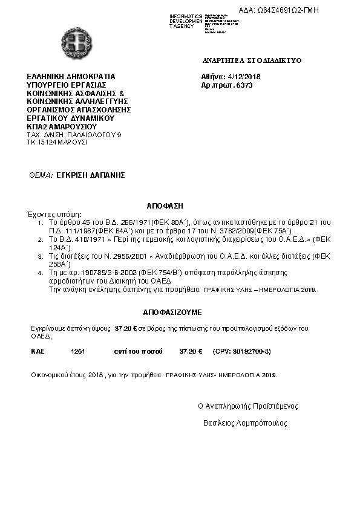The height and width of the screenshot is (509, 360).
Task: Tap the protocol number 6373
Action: [244, 86]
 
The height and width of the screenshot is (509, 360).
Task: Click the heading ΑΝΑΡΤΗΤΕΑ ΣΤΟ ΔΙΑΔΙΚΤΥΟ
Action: [252, 60]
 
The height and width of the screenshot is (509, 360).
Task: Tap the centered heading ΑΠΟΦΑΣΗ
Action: [165, 206]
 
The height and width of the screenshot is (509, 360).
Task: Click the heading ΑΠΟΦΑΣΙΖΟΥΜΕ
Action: [172, 313]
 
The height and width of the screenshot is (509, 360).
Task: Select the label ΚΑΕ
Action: [38, 351]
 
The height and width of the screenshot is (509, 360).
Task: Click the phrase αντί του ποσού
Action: [135, 351]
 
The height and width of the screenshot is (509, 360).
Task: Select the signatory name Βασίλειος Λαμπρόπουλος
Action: [245, 423]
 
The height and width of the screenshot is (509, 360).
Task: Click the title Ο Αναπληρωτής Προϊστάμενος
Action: [248, 406]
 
